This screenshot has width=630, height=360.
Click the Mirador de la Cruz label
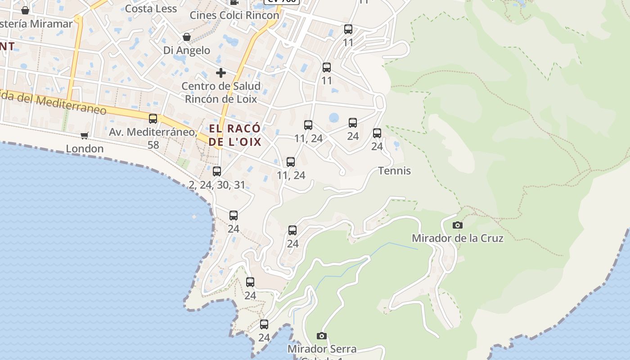click(457, 238)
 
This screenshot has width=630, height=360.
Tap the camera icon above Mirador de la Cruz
click(458, 225)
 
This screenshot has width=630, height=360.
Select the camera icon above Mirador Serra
click(321, 336)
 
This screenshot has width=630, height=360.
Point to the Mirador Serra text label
click(322, 349)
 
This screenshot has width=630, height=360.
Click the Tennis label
click(395, 171)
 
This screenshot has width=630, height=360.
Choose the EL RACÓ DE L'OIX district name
click(235, 135)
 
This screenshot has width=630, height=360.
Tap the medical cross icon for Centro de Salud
click(221, 72)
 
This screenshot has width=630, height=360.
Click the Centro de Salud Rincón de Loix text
click(221, 92)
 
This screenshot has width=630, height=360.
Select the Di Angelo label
click(187, 50)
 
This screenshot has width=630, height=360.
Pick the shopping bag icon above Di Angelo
click(187, 37)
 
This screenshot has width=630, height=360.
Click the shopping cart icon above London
click(85, 135)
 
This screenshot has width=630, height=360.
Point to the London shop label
click(85, 148)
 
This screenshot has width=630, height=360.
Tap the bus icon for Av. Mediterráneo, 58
click(153, 119)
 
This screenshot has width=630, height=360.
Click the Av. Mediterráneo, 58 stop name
click(153, 138)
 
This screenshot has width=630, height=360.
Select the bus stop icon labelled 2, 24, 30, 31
click(217, 171)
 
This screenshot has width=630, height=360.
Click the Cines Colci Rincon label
click(234, 15)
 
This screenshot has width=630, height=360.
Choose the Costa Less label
click(151, 9)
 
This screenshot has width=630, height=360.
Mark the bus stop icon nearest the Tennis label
click(377, 133)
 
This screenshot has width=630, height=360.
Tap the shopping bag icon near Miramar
click(25, 10)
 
